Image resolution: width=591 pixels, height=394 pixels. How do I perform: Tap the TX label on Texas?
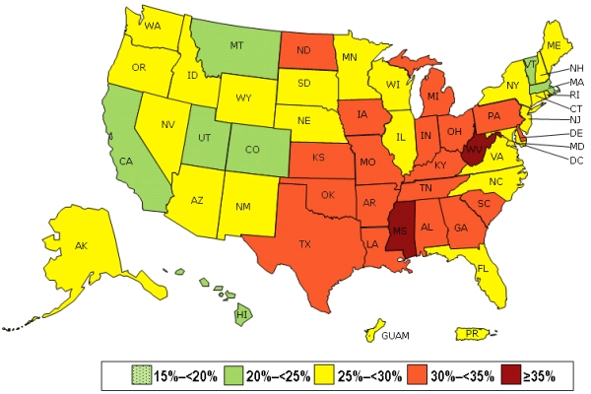[x=305, y=242]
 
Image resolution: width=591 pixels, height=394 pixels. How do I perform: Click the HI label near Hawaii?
[x=240, y=314]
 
